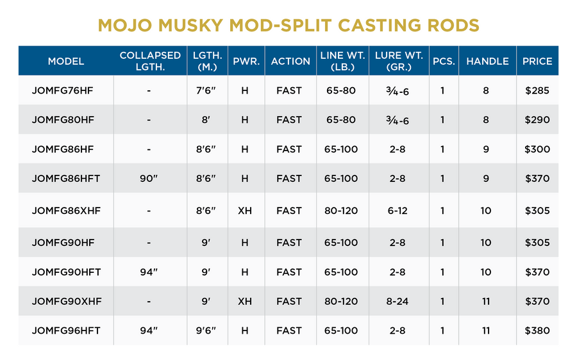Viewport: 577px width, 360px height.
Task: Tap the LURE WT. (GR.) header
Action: [398, 61]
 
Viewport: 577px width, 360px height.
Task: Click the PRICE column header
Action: [537, 61]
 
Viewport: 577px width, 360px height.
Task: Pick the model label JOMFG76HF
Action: [62, 90]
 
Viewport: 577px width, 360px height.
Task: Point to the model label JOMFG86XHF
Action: [67, 210]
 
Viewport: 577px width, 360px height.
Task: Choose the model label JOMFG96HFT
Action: [67, 331]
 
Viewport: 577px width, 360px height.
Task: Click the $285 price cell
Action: [537, 90]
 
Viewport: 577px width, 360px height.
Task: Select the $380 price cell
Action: [537, 331]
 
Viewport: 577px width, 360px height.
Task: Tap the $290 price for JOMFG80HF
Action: [537, 120]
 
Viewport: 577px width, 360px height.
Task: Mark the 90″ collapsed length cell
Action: [149, 179]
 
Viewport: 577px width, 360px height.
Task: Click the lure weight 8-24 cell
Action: [397, 301]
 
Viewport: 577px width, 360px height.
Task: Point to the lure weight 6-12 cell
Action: [397, 210]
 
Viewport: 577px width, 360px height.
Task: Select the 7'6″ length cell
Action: [206, 90]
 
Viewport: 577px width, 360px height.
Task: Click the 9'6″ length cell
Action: [206, 331]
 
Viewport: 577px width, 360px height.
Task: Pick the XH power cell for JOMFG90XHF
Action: [245, 301]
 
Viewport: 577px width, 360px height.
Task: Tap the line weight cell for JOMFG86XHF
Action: [341, 210]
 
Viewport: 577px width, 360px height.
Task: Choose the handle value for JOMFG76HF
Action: [486, 90]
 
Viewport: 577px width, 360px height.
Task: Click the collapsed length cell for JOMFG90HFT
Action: [149, 272]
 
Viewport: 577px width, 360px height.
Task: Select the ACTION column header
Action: [290, 61]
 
